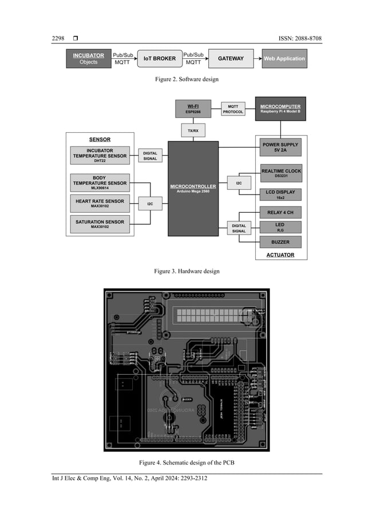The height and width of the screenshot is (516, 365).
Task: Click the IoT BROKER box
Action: click(159, 58)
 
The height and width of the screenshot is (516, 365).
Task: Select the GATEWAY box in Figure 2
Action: click(231, 58)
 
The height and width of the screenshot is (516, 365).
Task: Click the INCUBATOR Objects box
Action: click(88, 58)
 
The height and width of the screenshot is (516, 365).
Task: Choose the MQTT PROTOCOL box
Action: click(233, 109)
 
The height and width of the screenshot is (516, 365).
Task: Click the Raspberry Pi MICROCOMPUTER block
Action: click(280, 108)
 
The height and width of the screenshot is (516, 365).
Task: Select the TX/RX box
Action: click(193, 131)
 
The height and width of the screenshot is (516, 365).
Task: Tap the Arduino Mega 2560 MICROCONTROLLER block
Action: click(193, 188)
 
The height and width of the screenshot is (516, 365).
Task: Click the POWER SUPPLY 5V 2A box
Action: click(280, 148)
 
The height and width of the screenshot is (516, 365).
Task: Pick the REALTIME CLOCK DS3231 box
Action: click(280, 173)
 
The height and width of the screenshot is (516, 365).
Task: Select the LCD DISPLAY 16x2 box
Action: click(280, 194)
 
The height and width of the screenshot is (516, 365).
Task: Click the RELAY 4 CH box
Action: click(280, 213)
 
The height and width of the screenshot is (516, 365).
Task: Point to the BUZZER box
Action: click(280, 242)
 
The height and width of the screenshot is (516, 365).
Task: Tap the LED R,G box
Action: click(280, 227)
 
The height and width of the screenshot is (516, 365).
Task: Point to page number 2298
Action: click(58, 38)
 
